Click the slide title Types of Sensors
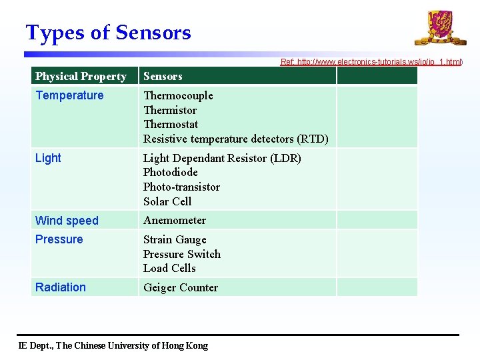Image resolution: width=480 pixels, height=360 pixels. point(108,33)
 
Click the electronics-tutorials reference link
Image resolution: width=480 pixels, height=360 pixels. point(371,62)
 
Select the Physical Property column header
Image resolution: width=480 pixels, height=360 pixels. point(81,76)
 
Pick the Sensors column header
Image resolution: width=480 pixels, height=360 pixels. point(163,76)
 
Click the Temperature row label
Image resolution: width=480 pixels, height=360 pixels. point(69,95)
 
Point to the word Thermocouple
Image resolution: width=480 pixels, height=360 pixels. point(178,95)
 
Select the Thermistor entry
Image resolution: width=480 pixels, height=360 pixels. point(170,110)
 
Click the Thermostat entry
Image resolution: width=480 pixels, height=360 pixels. point(171,124)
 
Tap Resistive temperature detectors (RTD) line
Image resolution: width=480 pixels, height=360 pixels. point(235,139)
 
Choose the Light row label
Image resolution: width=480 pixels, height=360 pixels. point(48,158)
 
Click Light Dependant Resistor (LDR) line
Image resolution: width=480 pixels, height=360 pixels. point(222,158)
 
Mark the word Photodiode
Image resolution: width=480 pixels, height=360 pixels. point(171,172)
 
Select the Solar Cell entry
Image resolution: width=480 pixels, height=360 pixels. point(167,201)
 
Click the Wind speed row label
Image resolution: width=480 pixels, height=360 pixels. point(67,221)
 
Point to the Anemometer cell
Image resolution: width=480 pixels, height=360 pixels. point(175,220)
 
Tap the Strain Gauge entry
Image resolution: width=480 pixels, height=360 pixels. point(175,239)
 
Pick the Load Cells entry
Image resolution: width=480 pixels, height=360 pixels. point(169,268)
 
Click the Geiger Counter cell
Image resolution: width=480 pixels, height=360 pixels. point(181,287)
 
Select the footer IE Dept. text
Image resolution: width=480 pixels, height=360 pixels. point(113,345)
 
